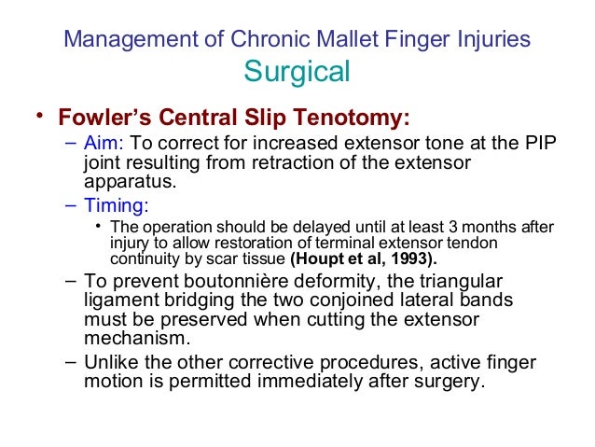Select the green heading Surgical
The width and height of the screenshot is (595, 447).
tap(297, 72)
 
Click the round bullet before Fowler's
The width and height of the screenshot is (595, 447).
tap(38, 116)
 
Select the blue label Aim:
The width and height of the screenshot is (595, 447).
tap(103, 145)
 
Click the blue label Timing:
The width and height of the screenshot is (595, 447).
tap(116, 206)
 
